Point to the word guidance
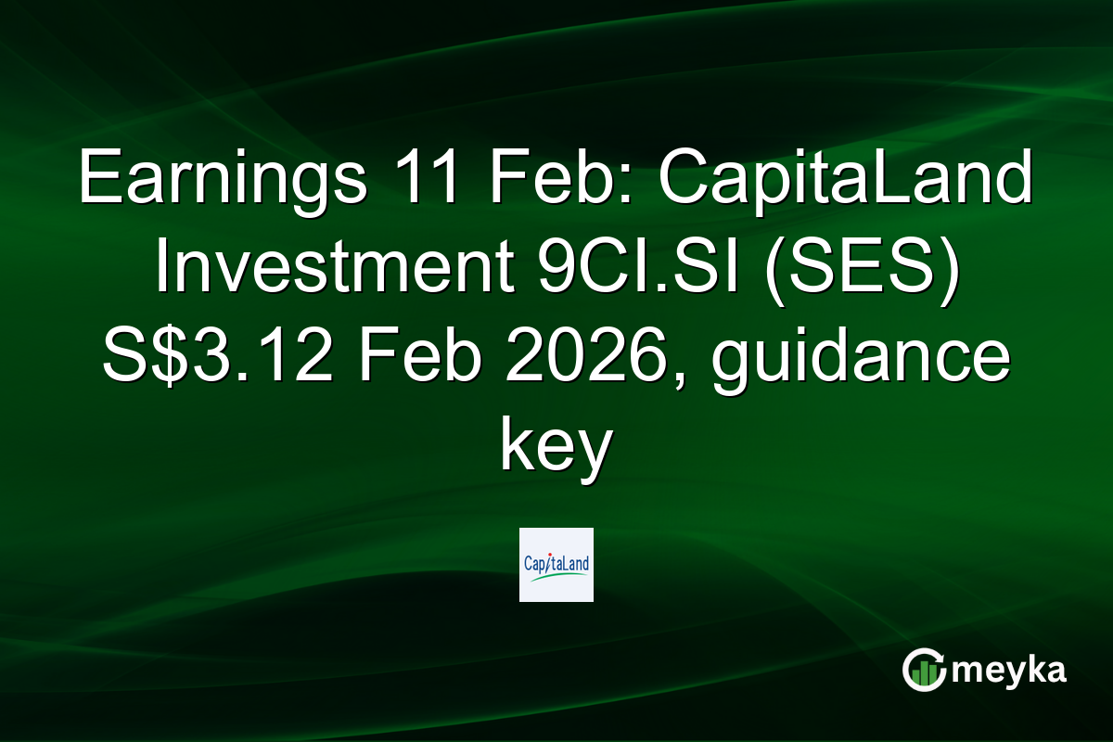[858, 357]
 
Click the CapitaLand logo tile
[556, 565]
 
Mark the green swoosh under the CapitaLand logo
[556, 576]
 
